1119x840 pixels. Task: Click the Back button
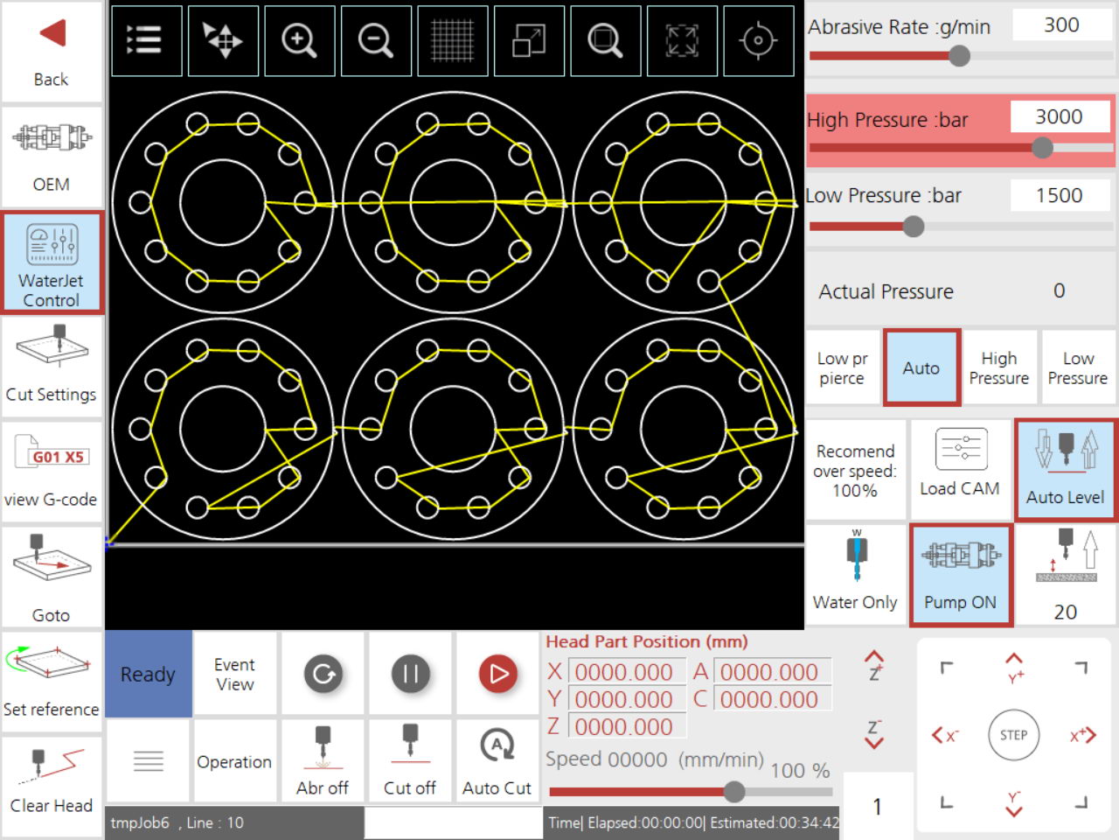tap(52, 52)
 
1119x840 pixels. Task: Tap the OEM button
tap(52, 157)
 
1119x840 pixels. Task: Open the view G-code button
tap(52, 472)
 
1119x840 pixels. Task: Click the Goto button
tap(52, 577)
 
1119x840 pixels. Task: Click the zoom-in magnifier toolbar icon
tap(299, 41)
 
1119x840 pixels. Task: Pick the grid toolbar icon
tap(453, 41)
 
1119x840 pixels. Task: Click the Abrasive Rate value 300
tap(1061, 25)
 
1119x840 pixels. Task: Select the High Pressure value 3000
tap(1060, 117)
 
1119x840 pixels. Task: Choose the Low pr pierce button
tap(842, 368)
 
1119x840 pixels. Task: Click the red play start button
tap(498, 674)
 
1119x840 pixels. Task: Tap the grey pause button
tap(410, 674)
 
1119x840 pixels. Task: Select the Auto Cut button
tap(497, 761)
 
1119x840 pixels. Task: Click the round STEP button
tap(1013, 735)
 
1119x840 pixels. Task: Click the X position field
tap(626, 672)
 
